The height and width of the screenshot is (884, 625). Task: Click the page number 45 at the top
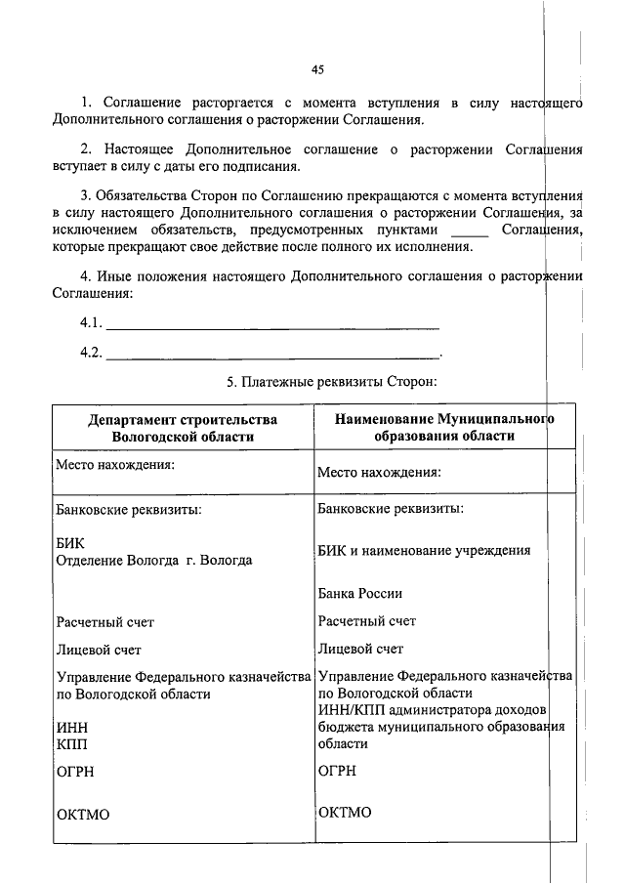(x=317, y=69)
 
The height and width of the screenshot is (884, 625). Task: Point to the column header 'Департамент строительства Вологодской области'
(x=183, y=428)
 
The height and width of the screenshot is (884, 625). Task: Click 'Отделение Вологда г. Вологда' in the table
(x=154, y=561)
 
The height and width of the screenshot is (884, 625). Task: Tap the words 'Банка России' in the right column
(x=360, y=593)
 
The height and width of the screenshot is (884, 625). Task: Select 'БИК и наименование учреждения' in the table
(x=424, y=550)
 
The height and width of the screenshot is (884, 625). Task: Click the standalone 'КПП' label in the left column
(x=72, y=743)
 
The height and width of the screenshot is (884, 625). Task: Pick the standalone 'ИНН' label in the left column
(x=72, y=727)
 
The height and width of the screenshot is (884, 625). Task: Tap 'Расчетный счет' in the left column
(x=105, y=621)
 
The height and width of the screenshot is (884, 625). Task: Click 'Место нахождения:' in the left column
(x=115, y=464)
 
